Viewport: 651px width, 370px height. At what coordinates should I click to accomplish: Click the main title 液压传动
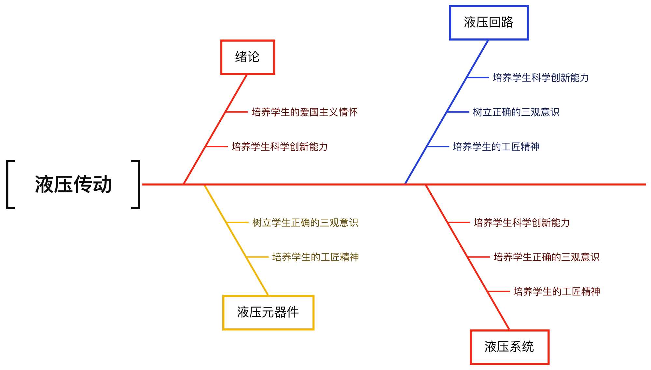(73, 184)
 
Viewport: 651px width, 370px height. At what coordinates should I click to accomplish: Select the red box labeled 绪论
(247, 57)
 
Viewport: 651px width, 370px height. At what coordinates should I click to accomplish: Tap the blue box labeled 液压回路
(489, 23)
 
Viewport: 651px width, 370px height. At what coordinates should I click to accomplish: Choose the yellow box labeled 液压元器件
(268, 312)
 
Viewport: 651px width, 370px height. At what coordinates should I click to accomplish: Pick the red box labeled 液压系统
(509, 347)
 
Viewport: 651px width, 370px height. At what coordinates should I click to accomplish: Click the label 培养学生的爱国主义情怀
(304, 112)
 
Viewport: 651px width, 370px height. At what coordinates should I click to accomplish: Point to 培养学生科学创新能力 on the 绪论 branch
(280, 147)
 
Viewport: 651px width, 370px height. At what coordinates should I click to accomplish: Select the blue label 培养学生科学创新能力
(541, 78)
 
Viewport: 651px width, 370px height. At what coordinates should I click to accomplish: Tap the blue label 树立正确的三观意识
(516, 112)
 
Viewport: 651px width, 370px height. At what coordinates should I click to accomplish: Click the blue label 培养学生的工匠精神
(496, 147)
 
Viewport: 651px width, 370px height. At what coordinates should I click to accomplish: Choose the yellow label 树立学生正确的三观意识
(305, 223)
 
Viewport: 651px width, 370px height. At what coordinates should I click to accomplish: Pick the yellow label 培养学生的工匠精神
(315, 257)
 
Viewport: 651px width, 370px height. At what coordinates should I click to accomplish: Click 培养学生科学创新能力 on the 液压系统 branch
(522, 223)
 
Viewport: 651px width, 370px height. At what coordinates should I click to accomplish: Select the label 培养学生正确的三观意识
(547, 257)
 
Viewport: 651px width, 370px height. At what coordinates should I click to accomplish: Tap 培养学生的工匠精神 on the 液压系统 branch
(557, 292)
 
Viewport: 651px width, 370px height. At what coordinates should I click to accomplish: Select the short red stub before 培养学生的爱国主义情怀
(237, 112)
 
